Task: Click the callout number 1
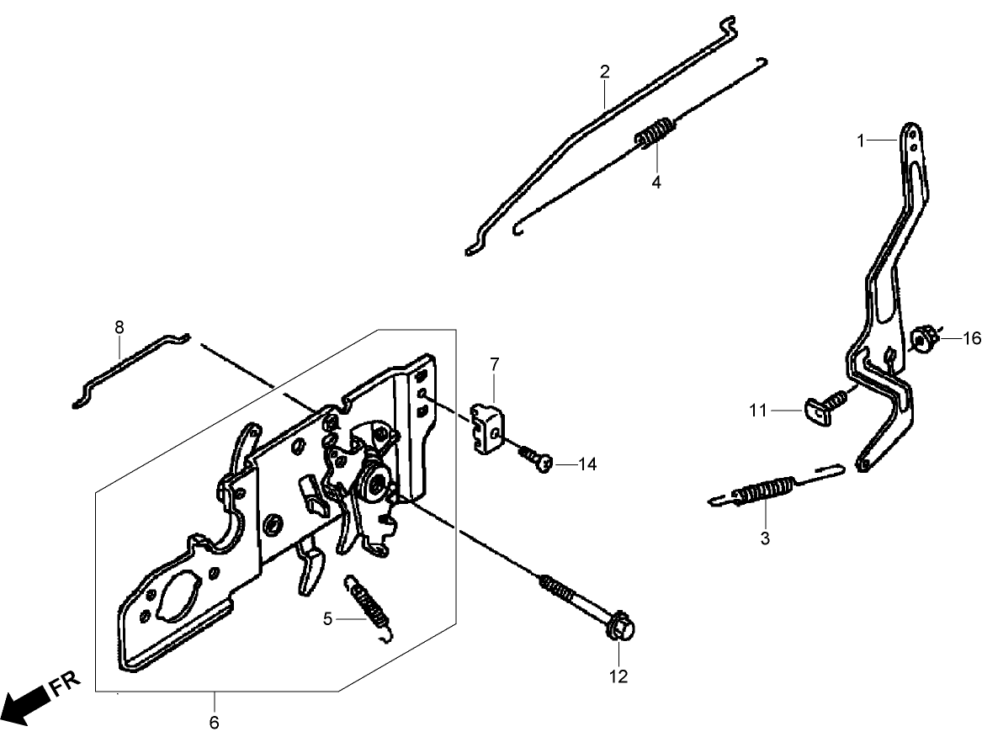(860, 141)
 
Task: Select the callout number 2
(604, 72)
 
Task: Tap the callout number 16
(972, 338)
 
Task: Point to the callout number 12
(618, 676)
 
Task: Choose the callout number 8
(119, 326)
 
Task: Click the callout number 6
(214, 722)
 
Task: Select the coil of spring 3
(764, 491)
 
